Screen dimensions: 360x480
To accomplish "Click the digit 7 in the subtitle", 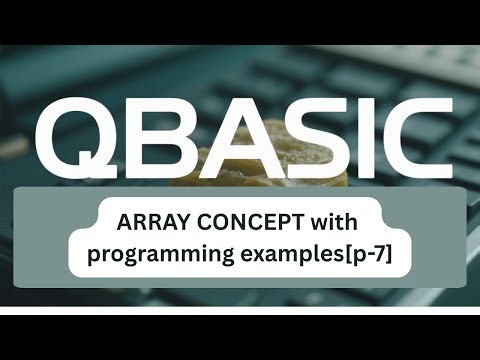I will point(380,253).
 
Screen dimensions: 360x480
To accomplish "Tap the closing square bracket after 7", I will point(391,254).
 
